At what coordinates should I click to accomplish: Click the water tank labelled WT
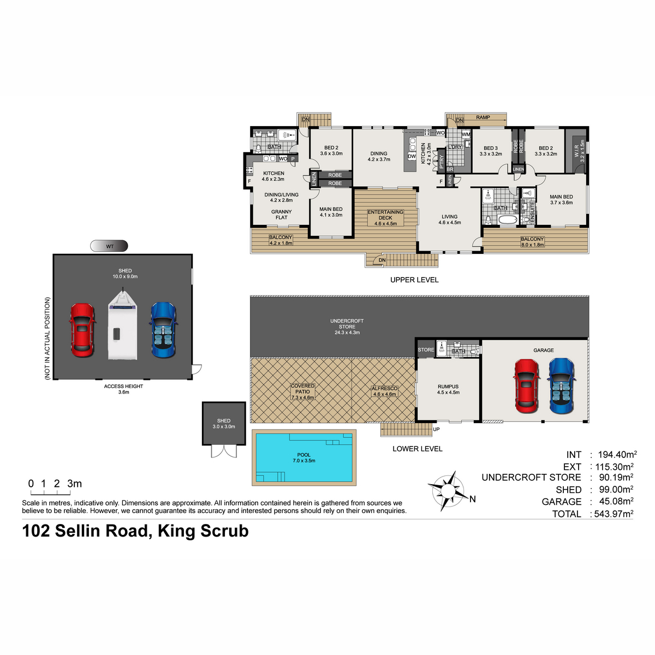[109, 246]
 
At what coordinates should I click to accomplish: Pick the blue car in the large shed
[163, 330]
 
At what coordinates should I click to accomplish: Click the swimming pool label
[303, 457]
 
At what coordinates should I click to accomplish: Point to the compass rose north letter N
[472, 499]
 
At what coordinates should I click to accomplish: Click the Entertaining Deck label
[385, 218]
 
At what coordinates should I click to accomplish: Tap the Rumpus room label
[448, 389]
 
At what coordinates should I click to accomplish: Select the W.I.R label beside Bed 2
[580, 151]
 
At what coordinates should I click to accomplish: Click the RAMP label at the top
[483, 117]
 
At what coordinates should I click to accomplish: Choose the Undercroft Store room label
[347, 326]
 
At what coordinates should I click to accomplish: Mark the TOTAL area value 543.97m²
[613, 514]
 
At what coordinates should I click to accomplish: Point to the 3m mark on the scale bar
[74, 484]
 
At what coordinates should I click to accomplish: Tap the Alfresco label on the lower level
[384, 391]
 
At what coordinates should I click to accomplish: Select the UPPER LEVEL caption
[414, 280]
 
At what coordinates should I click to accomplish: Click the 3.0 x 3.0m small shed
[224, 424]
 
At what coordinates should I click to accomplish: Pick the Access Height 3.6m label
[123, 389]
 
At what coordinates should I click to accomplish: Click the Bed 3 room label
[491, 151]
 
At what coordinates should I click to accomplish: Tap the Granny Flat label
[281, 215]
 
